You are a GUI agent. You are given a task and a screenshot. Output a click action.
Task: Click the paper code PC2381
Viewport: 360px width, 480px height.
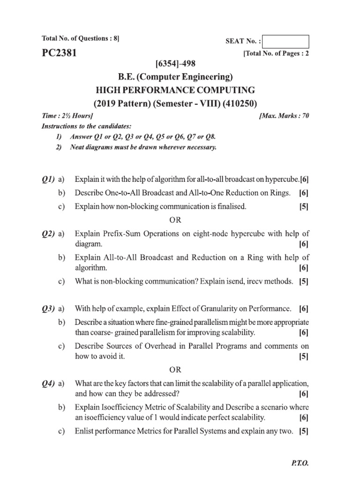[x=59, y=53]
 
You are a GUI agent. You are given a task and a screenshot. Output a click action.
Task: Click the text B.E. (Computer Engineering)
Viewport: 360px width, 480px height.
[x=180, y=76]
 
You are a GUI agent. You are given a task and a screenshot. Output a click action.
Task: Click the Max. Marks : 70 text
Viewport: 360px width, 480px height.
[x=284, y=115]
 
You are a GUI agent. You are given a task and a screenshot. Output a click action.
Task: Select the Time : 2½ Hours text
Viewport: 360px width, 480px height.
[x=67, y=115]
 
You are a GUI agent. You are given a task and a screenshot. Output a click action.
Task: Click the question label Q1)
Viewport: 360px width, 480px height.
[x=48, y=180]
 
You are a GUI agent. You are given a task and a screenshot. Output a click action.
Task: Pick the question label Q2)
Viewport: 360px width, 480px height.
[x=48, y=233]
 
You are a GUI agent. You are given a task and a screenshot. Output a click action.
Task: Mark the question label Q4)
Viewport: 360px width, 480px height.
[x=48, y=384]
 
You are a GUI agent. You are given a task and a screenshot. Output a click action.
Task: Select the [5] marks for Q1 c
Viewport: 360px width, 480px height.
[x=304, y=206]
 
